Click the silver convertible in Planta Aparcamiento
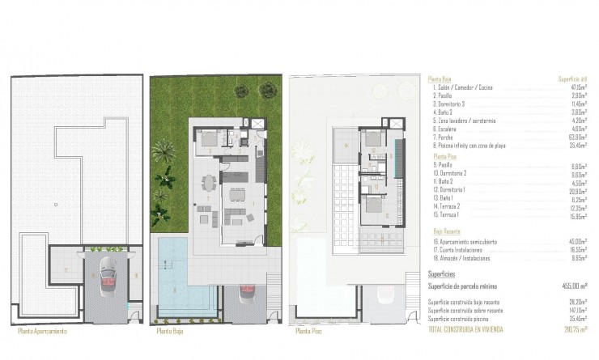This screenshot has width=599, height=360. tap(107, 279)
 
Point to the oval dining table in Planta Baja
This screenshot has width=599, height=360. tap(208, 185)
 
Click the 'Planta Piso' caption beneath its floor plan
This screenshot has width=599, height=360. tap(311, 331)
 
